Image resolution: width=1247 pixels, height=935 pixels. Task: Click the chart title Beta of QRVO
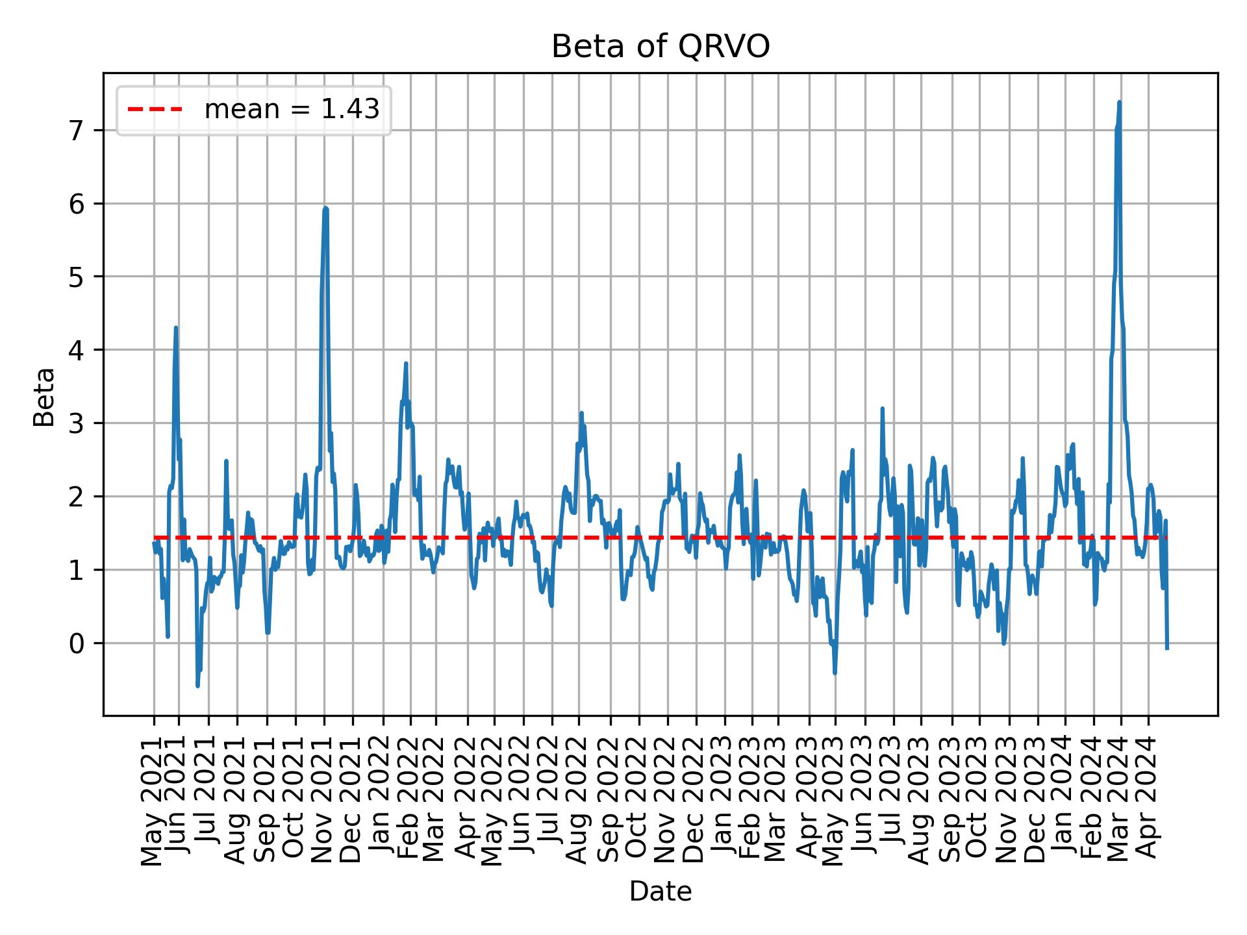pyautogui.click(x=660, y=47)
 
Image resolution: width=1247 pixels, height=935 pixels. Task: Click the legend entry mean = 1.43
pyautogui.click(x=292, y=110)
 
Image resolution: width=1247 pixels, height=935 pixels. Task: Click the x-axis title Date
pyautogui.click(x=660, y=891)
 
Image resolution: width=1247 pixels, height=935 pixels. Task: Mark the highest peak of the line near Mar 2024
pyautogui.click(x=1119, y=102)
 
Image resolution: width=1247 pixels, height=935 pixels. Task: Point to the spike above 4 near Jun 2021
pyautogui.click(x=176, y=328)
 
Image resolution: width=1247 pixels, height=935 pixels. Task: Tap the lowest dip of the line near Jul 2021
pyautogui.click(x=197, y=686)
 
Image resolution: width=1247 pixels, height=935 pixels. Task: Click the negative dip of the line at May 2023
pyautogui.click(x=835, y=673)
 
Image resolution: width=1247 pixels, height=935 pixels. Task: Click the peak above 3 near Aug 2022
pyautogui.click(x=581, y=413)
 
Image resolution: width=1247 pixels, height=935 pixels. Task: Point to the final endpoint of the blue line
pyautogui.click(x=1167, y=648)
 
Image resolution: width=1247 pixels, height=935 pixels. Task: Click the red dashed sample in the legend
pyautogui.click(x=155, y=110)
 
